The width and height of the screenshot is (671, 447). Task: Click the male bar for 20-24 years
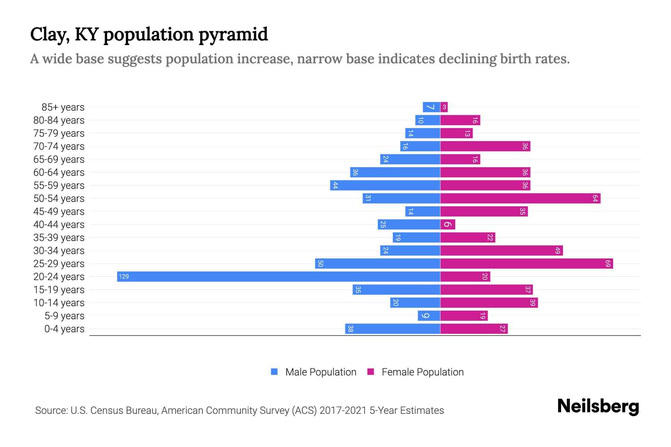[x=278, y=276]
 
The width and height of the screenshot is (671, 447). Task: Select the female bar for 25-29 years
[x=526, y=263]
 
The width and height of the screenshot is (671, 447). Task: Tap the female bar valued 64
[x=520, y=198]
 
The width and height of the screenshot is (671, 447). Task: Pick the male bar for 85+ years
[x=431, y=107]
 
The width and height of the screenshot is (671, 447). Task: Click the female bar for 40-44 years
[x=448, y=224]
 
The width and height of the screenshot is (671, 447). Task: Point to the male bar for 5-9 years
[x=429, y=316]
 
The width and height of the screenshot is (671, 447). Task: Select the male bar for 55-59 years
[x=385, y=185]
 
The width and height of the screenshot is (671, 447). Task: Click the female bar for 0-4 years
[x=474, y=329]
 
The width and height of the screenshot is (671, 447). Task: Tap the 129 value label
[x=124, y=276]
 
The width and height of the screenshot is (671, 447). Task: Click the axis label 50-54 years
[x=59, y=198]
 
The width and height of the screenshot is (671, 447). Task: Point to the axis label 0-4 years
[x=64, y=329]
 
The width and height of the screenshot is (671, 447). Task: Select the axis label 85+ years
[x=63, y=107]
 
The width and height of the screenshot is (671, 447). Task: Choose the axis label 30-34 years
[x=59, y=250]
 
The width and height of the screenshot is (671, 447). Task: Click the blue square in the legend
[x=274, y=372]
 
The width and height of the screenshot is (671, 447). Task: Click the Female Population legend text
[x=422, y=372]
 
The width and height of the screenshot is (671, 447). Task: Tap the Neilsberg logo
[x=598, y=406]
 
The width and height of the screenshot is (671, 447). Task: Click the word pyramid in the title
[x=233, y=35]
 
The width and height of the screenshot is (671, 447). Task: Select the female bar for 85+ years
[x=444, y=107]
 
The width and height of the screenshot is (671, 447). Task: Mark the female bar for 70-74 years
[x=485, y=146]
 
